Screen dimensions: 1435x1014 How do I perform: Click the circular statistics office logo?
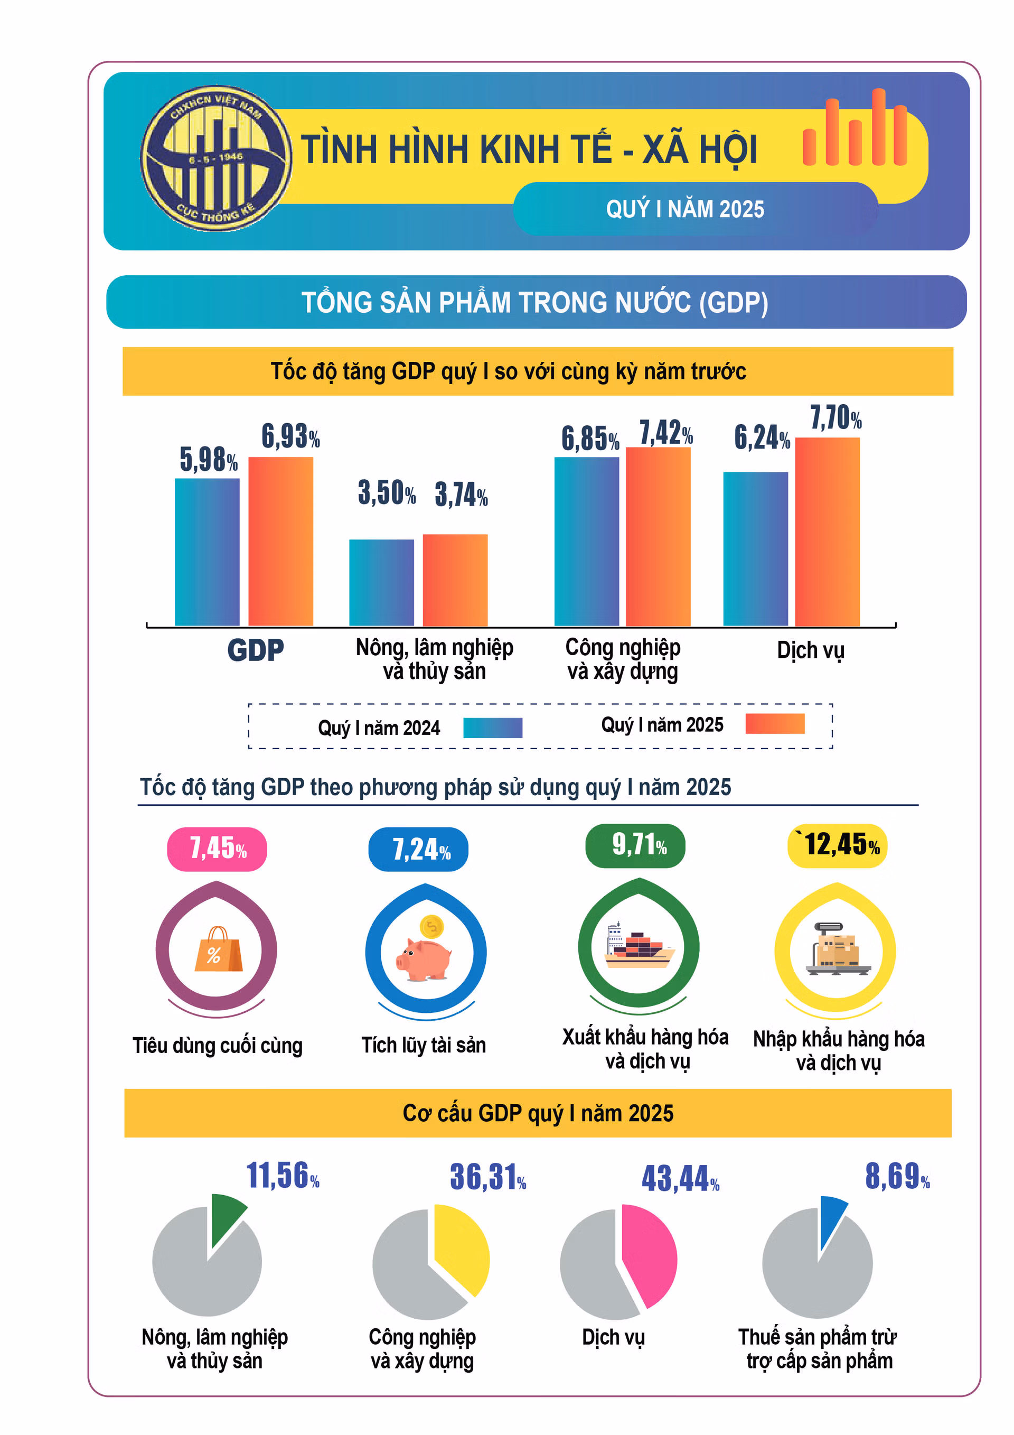tap(216, 159)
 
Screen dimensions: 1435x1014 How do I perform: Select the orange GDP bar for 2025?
tap(280, 541)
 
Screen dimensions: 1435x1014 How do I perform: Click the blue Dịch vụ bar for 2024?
tap(755, 549)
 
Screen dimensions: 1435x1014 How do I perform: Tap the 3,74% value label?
tap(461, 495)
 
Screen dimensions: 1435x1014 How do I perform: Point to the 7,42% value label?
tap(666, 433)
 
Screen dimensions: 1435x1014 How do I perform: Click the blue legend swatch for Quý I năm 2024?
tap(492, 728)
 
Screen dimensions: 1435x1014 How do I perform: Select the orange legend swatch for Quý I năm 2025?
tap(775, 724)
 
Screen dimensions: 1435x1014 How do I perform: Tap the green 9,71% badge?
tap(635, 845)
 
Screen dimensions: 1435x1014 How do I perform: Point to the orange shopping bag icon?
tap(218, 951)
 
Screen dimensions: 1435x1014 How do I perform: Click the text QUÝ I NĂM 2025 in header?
tap(685, 209)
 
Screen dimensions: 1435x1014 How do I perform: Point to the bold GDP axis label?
tap(255, 650)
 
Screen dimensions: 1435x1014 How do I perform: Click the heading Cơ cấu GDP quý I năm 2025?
tap(538, 1113)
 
